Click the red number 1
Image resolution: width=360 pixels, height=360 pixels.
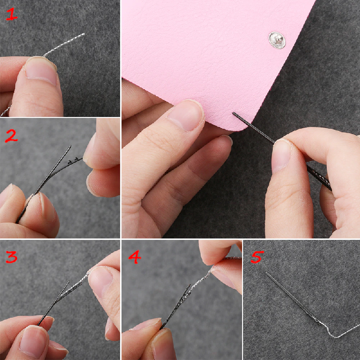12,14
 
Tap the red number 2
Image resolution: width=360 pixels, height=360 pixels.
12,135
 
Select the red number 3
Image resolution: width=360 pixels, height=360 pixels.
12,257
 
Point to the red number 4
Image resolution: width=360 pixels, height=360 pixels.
135,257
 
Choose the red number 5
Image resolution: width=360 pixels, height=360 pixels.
257,257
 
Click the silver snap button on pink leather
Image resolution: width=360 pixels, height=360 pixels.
277,40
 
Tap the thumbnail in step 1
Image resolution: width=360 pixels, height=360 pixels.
41,70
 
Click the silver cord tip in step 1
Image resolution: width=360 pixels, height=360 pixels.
84,34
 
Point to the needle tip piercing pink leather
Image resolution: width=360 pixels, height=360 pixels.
234,113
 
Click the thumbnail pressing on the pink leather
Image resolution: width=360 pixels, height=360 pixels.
186,115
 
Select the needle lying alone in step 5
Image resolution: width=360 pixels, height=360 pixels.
293,298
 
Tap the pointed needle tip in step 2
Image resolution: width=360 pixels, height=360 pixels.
70,146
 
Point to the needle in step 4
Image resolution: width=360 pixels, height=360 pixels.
175,306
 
